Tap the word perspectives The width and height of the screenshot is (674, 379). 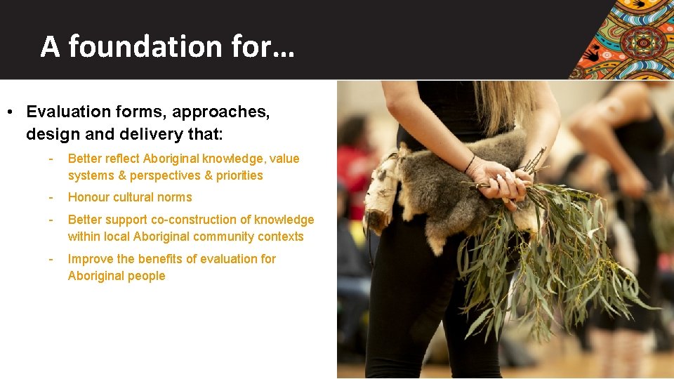click(x=166, y=175)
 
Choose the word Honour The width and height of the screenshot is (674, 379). click(x=88, y=197)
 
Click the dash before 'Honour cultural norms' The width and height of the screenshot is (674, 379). click(x=51, y=197)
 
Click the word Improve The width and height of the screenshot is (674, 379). click(x=90, y=259)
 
